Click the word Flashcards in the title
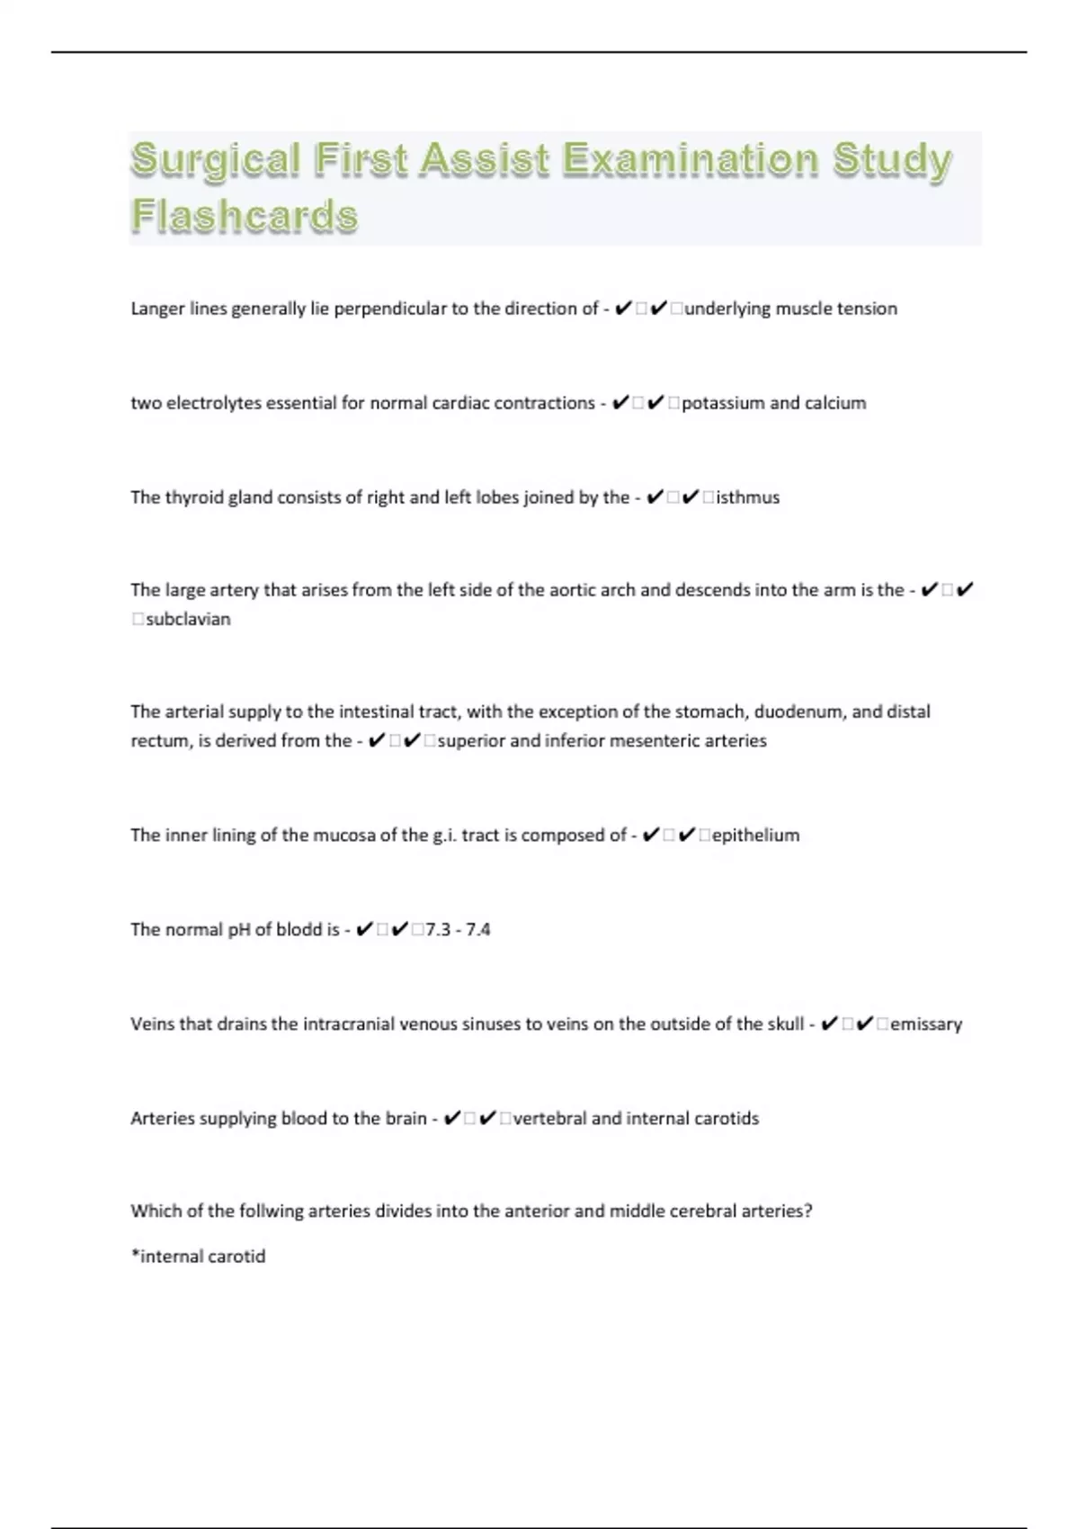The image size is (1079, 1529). tap(245, 216)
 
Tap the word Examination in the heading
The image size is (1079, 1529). tap(691, 159)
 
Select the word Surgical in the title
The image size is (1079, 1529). tap(215, 159)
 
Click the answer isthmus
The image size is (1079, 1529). tap(747, 497)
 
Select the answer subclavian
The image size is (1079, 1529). tap(188, 619)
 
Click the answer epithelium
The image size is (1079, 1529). tap(755, 835)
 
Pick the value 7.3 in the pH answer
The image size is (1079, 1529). tap(438, 929)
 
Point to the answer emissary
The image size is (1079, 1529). tap(926, 1024)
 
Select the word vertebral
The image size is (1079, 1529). tap(548, 1118)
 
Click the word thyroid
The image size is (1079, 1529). tap(193, 497)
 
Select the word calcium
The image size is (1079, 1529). tap(835, 403)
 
